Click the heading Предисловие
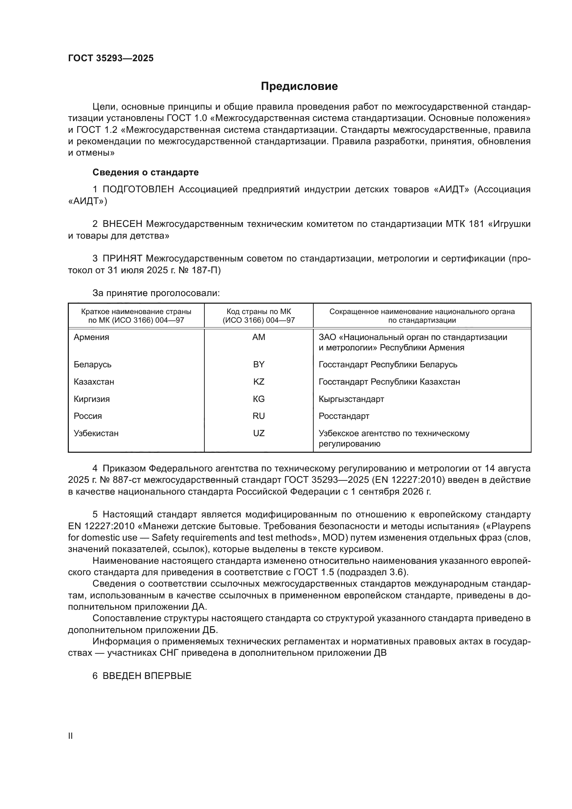[299, 86]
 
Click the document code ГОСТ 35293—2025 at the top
[111, 58]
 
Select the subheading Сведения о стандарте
[146, 172]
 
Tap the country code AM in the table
[259, 337]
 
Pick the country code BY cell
[259, 364]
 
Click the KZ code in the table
[259, 381]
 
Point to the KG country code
[259, 399]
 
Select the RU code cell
[259, 416]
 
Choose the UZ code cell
[259, 433]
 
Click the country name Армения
[91, 337]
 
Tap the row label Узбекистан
[96, 433]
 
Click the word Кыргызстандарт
[351, 399]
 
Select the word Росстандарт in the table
[344, 416]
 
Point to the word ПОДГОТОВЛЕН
[138, 190]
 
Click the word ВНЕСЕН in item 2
[122, 224]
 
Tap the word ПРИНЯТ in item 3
[122, 259]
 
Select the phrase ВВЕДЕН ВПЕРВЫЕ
[147, 676]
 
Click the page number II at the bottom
[71, 736]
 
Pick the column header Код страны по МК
[259, 312]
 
